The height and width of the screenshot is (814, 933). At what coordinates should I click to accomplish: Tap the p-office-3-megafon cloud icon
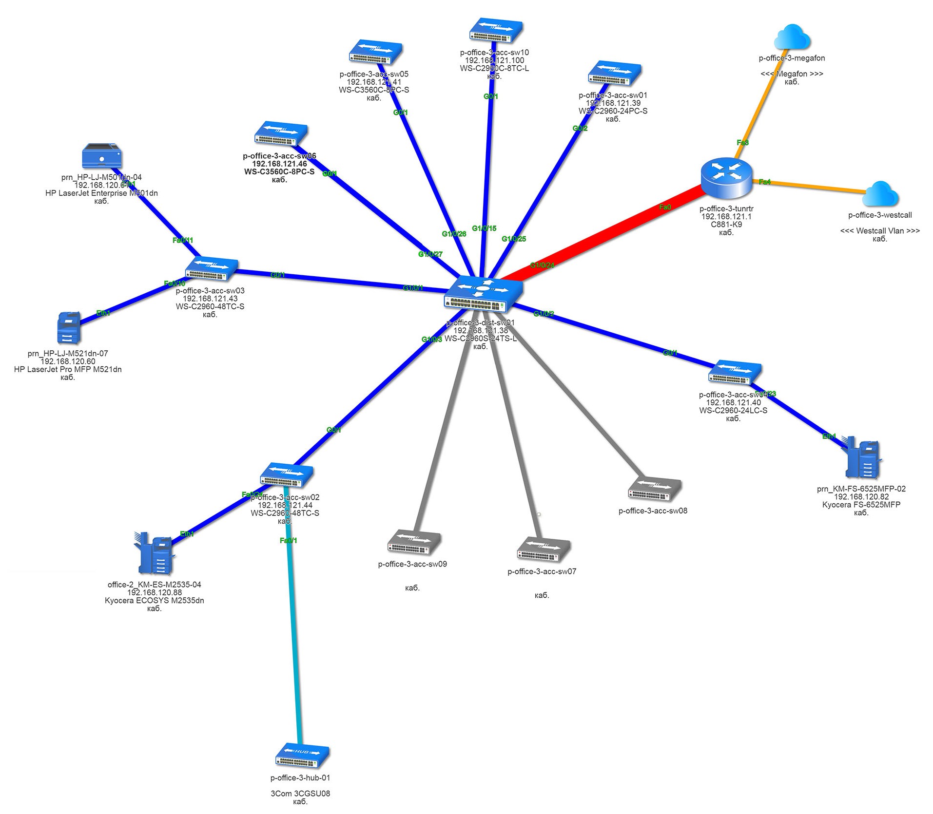[x=792, y=37]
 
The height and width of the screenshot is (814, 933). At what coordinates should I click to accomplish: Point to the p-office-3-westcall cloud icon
[x=880, y=194]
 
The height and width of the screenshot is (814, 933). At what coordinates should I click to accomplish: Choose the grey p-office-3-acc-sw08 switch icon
[x=654, y=490]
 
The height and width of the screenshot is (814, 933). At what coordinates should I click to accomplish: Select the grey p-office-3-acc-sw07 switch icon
[x=543, y=549]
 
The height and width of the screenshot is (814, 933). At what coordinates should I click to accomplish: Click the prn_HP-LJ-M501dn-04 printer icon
[x=101, y=156]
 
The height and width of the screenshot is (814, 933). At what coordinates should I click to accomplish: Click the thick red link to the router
[x=604, y=234]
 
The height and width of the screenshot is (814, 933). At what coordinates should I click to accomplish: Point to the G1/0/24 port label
[x=542, y=265]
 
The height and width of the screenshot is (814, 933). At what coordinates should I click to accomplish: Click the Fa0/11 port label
[x=183, y=240]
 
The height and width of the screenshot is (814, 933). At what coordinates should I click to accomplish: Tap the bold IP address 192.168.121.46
[x=279, y=164]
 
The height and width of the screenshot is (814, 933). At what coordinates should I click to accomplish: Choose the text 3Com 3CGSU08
[x=300, y=794]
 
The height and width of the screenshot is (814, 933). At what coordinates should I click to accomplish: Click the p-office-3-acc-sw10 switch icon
[x=496, y=30]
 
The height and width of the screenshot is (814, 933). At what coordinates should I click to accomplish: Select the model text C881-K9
[x=726, y=225]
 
